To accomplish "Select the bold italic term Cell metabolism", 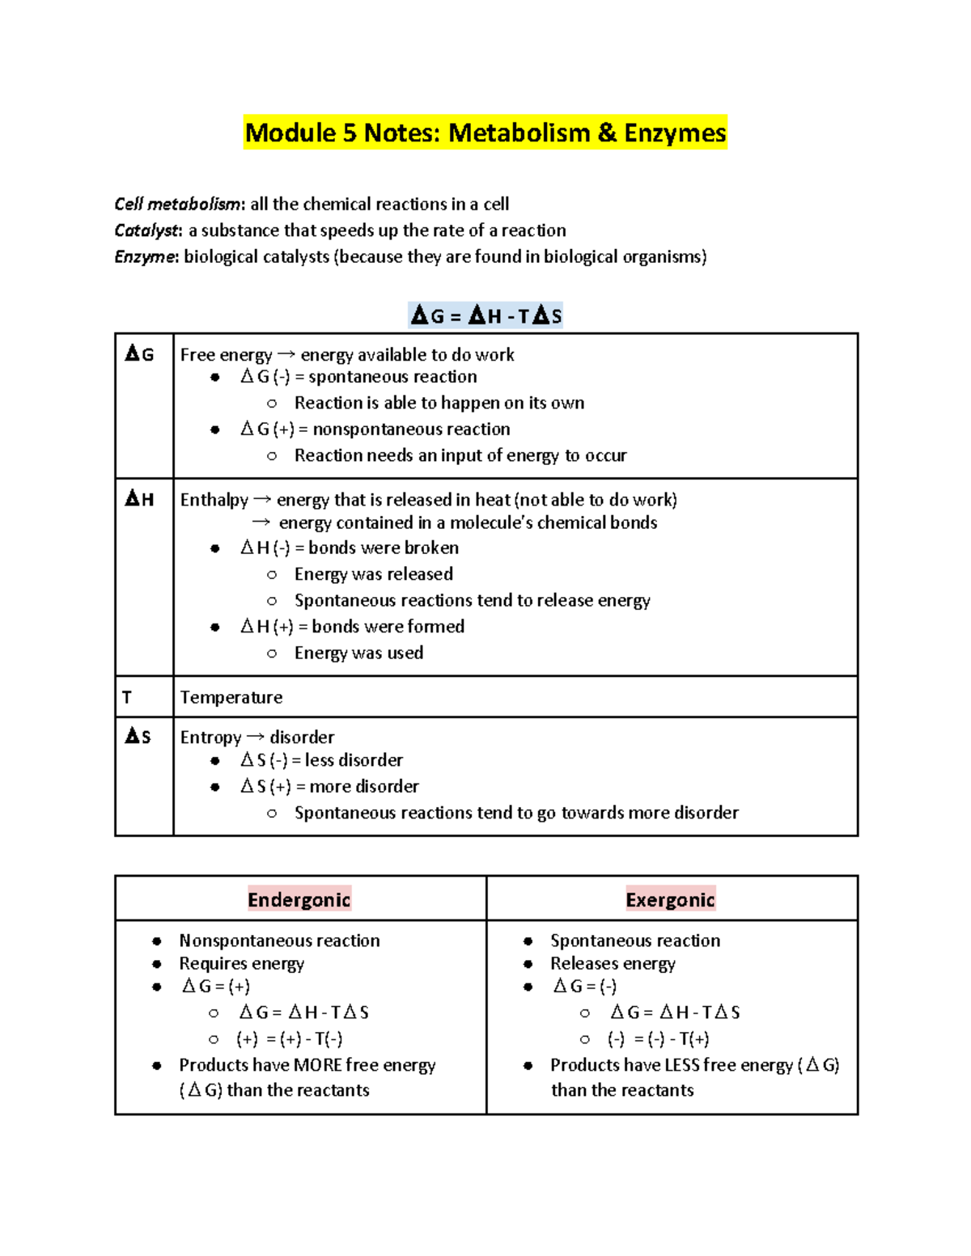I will [177, 204].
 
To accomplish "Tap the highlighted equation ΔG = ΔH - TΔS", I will [485, 315].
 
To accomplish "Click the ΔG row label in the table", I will [139, 354].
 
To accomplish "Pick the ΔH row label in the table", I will [139, 499].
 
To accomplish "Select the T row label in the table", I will [126, 696].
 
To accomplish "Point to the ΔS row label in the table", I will [138, 736].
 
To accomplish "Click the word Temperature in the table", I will [231, 697].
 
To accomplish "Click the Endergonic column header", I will [299, 899].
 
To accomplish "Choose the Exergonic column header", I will [670, 899].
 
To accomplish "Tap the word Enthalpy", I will [214, 500].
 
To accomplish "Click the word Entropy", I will [210, 737].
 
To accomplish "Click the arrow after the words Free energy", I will [286, 354].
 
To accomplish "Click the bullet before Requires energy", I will [157, 964].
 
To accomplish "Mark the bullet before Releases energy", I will [528, 964].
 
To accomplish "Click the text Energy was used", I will [358, 653].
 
